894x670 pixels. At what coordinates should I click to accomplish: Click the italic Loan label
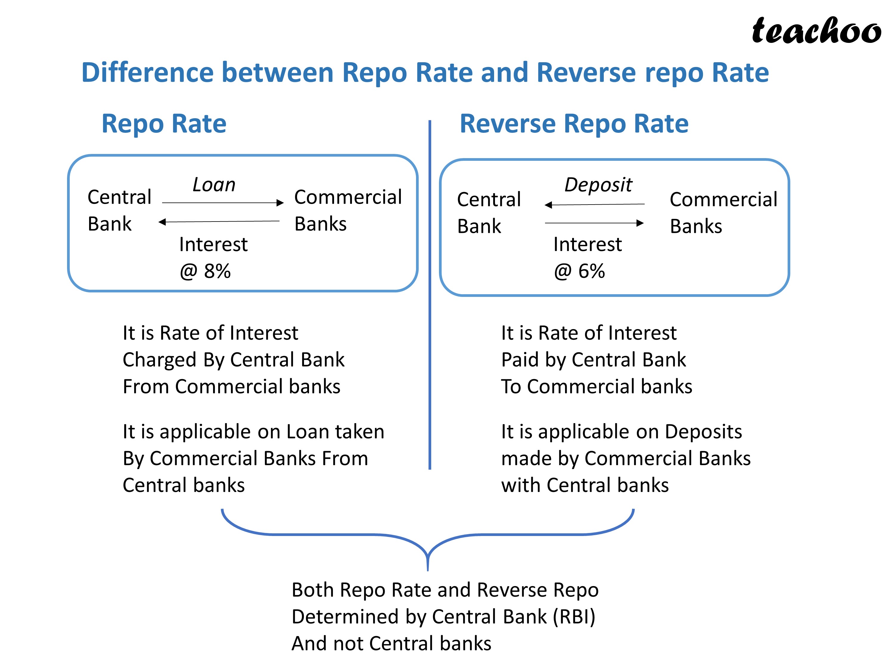[214, 185]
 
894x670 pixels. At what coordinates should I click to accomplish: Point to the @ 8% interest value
[205, 271]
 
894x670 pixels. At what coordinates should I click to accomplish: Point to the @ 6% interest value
[580, 271]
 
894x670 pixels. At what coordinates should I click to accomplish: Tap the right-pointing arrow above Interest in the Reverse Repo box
[594, 223]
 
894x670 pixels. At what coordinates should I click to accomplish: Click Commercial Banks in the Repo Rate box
[347, 210]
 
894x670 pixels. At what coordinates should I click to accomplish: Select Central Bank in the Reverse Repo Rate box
[489, 212]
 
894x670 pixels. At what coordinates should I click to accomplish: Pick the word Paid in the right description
[520, 359]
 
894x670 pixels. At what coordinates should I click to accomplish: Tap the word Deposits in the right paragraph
[703, 432]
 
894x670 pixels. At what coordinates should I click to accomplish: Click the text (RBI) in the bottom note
[574, 617]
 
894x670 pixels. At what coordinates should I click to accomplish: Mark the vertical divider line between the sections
[430, 295]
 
